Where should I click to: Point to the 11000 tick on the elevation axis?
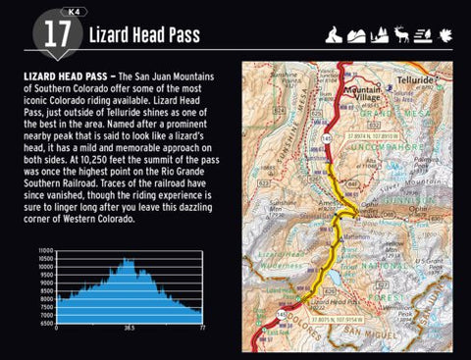point(46,251)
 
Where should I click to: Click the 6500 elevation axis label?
point(46,322)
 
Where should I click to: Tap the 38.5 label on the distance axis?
point(128,331)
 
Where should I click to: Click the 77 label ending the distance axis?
point(201,331)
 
